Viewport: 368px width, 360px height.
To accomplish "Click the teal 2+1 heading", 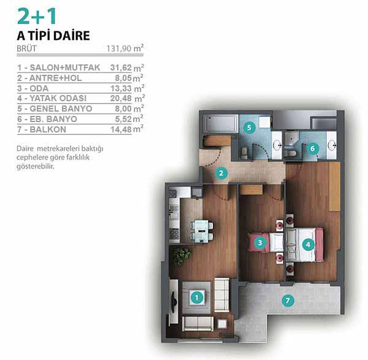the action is pyautogui.click(x=37, y=16).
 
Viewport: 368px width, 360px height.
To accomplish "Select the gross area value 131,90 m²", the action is pyautogui.click(x=125, y=48).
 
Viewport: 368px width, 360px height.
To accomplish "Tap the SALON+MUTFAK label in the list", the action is pyautogui.click(x=65, y=67).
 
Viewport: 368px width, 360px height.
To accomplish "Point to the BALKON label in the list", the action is pyautogui.click(x=48, y=129).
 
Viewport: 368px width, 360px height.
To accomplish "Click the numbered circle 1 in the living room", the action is pyautogui.click(x=196, y=298).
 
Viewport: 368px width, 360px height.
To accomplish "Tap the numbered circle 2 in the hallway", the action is pyautogui.click(x=221, y=173).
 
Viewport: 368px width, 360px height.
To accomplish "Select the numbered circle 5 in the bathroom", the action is pyautogui.click(x=249, y=128).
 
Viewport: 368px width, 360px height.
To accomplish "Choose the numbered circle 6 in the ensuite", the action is pyautogui.click(x=312, y=148).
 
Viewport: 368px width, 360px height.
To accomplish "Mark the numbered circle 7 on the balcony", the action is pyautogui.click(x=288, y=301).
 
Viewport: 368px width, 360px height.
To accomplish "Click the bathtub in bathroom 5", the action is pyautogui.click(x=220, y=123).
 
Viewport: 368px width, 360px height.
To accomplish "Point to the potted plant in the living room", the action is pyautogui.click(x=181, y=256).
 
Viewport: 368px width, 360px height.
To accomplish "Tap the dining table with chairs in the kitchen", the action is pyautogui.click(x=202, y=231).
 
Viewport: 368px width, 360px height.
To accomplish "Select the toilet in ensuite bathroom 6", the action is pyautogui.click(x=291, y=153).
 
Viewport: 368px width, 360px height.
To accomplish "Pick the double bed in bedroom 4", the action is pyautogui.click(x=304, y=245).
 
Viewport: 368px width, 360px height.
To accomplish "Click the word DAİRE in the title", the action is pyautogui.click(x=72, y=36).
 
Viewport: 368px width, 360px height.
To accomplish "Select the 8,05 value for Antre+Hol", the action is pyautogui.click(x=123, y=78).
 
